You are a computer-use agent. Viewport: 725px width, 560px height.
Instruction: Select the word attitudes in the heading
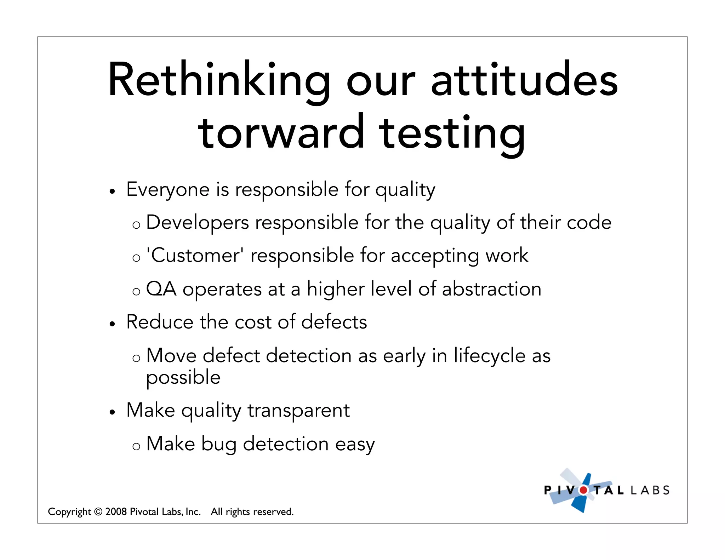[524, 80]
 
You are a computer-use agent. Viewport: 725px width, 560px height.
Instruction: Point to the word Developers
[197, 223]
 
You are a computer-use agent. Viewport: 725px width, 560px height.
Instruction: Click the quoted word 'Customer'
[194, 255]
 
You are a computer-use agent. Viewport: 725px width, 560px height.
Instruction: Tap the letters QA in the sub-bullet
[161, 289]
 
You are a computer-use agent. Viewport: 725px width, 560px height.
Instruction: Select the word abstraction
[491, 289]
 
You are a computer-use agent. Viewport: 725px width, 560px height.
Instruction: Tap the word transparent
[298, 411]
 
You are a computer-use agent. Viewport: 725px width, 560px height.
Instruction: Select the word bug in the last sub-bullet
[218, 444]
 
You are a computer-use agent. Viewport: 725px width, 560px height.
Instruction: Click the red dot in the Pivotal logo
[583, 490]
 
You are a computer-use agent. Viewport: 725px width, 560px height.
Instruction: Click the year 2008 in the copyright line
[116, 512]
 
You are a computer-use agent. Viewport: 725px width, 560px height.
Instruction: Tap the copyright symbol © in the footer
[98, 512]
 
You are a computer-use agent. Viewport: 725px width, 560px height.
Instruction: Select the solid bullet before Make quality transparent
[112, 412]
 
